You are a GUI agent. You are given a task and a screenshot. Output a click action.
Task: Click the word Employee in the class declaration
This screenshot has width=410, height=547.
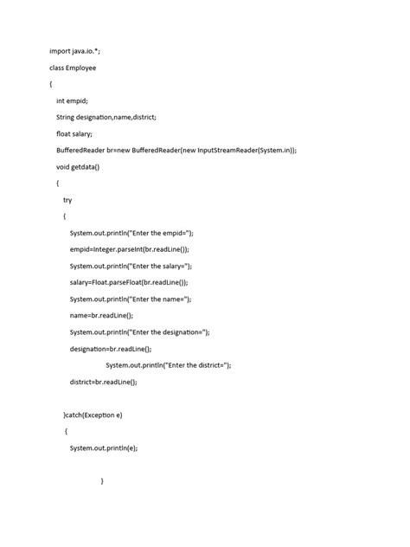pos(90,67)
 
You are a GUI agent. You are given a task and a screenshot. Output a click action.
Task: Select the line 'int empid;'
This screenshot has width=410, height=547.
pos(72,100)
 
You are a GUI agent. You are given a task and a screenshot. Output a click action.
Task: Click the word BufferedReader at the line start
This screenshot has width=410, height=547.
pos(84,150)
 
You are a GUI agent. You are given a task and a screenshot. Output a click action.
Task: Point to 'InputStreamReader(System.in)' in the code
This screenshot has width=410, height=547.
pos(246,150)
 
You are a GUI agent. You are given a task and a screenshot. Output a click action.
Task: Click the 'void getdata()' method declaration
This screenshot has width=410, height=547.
pos(79,166)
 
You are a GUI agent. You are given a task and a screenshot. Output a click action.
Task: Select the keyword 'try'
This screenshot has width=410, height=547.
pos(67,199)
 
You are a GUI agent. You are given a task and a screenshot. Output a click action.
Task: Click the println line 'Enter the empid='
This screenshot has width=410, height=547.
pos(131,233)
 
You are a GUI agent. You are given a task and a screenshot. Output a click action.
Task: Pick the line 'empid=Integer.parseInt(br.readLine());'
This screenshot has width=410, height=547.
pos(141,249)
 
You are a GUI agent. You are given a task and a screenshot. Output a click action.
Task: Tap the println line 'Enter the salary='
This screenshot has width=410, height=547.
pos(131,266)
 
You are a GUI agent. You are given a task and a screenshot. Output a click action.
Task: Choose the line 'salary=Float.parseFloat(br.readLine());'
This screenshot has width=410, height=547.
pos(141,282)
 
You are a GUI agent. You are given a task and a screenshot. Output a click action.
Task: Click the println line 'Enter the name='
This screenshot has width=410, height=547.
pos(131,299)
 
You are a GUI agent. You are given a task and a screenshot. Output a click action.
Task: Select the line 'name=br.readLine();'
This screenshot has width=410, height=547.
pos(102,315)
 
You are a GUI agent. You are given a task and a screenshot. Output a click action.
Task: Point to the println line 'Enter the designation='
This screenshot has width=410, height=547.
pos(140,331)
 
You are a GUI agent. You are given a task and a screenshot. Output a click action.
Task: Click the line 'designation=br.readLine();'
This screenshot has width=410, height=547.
pos(111,348)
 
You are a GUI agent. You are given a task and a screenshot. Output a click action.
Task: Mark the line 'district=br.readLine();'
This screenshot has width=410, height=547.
pos(104,381)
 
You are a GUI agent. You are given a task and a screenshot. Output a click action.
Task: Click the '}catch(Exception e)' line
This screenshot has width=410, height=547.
pos(93,415)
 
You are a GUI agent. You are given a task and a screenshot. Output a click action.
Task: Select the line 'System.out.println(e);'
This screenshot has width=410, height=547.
pos(104,447)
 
